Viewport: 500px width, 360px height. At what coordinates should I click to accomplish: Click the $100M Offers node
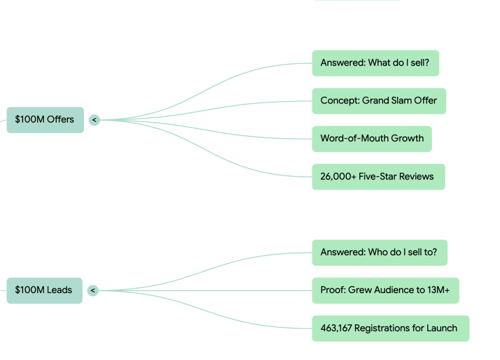click(45, 120)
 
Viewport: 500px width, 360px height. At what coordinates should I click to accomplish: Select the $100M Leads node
click(44, 290)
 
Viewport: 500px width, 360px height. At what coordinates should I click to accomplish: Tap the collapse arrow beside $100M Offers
click(94, 120)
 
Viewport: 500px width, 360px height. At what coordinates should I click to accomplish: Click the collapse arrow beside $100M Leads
click(93, 291)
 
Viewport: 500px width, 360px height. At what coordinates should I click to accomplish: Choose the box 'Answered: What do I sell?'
click(375, 63)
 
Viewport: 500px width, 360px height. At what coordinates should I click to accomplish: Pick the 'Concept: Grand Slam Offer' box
click(378, 101)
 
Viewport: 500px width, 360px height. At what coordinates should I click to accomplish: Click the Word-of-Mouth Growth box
click(372, 138)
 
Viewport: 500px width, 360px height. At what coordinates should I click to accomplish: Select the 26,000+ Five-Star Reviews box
click(378, 176)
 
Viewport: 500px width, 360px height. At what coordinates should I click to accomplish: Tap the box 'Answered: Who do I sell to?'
click(379, 253)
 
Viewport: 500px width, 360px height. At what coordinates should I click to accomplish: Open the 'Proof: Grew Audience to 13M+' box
click(385, 290)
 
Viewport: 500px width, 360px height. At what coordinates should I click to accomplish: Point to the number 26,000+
click(338, 176)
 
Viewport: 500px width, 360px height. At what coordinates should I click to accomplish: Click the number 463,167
click(335, 328)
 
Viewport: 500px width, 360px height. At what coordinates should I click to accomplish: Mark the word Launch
click(442, 328)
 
